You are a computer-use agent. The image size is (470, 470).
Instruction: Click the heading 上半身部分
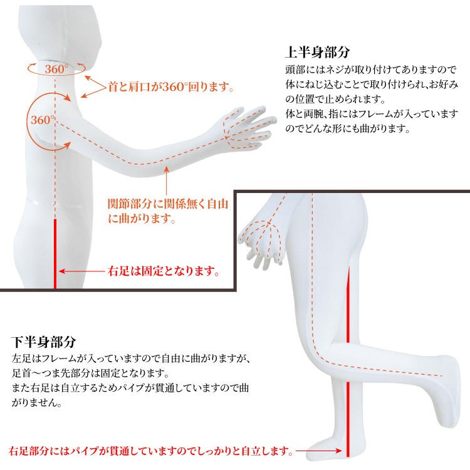[317, 52]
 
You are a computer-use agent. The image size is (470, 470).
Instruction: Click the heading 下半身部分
[43, 342]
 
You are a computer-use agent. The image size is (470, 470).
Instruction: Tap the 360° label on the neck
[56, 69]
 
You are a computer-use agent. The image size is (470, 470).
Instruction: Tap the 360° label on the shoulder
[43, 120]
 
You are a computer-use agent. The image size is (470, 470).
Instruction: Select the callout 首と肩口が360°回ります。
[170, 87]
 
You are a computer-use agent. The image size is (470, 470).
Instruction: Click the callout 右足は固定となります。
[164, 271]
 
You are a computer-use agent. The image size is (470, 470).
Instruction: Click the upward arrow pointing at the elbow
[166, 180]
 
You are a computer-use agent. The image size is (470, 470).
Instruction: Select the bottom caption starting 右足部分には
[151, 451]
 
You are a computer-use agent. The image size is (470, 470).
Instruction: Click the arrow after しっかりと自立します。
[318, 451]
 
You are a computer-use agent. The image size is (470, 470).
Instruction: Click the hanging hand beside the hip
[261, 243]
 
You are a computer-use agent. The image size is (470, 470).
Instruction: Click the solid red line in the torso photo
[55, 254]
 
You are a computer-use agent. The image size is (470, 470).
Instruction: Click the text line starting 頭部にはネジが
[370, 70]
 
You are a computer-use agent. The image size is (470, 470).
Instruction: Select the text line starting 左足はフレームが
[131, 358]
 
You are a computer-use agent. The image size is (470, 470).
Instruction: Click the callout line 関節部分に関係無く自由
[168, 204]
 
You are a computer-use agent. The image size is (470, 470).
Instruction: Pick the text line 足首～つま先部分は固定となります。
[90, 373]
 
